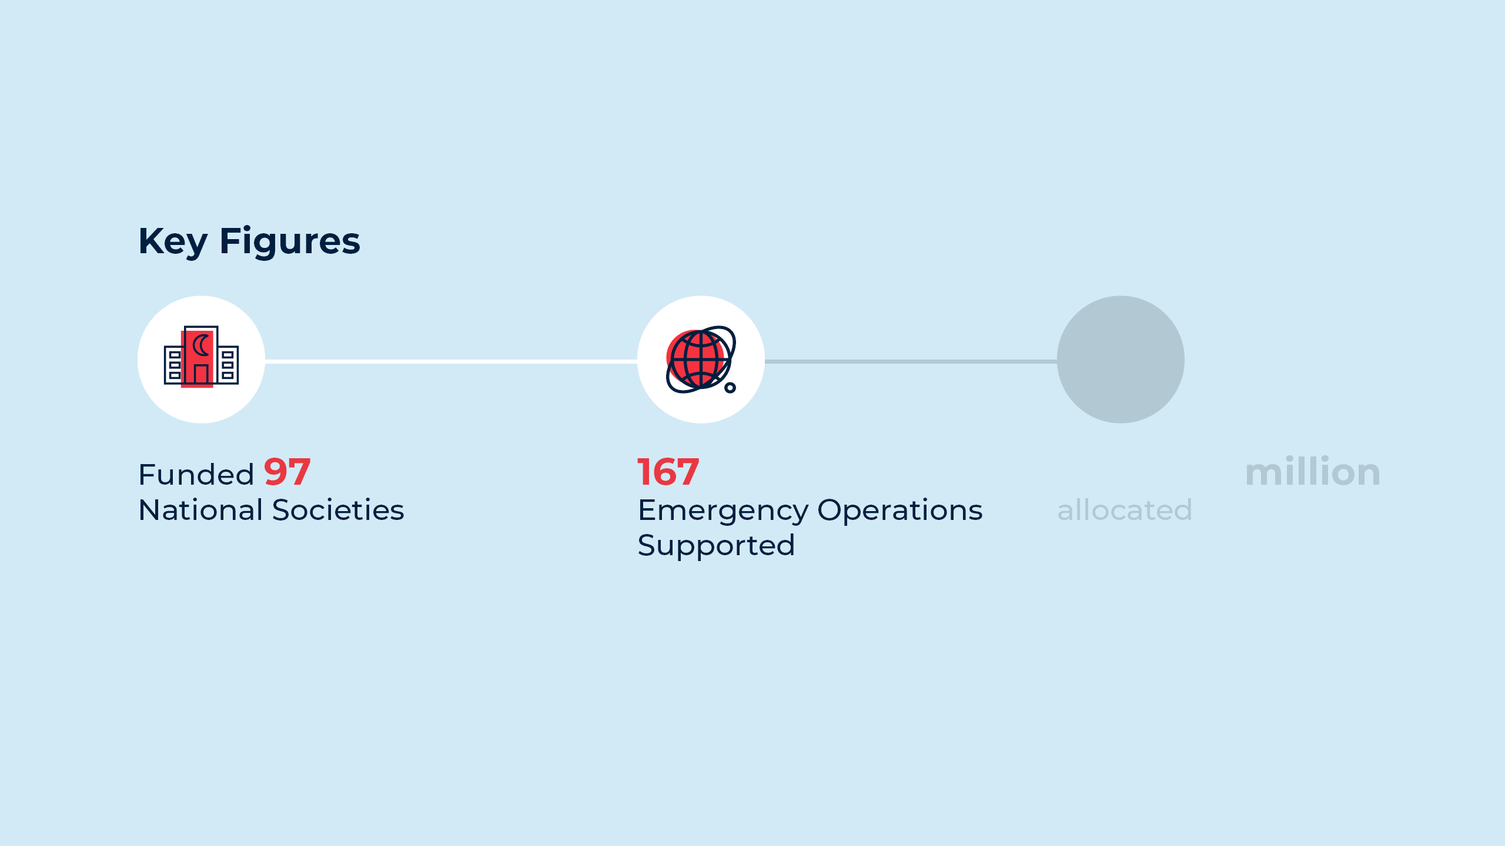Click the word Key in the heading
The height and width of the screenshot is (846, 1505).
tap(173, 242)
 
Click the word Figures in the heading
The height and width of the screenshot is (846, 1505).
tap(290, 242)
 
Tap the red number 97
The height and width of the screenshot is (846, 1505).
tap(287, 472)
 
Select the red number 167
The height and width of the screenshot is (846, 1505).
tap(668, 472)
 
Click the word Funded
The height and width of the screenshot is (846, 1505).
tap(196, 474)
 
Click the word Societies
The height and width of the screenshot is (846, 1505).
tap(339, 510)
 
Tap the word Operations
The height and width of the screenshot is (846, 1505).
tap(900, 511)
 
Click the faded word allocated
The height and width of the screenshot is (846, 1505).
tap(1125, 510)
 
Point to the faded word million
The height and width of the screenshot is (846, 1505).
tap(1313, 472)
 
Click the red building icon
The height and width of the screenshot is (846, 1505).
tap(201, 357)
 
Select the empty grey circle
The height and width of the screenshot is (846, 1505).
tap(1121, 360)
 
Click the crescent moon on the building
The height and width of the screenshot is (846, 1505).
tap(201, 345)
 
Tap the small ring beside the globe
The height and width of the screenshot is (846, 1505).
tap(730, 387)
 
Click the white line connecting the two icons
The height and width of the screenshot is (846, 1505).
tap(451, 361)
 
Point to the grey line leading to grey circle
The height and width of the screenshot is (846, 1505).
tap(911, 361)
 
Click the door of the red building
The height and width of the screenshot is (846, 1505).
tap(201, 374)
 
